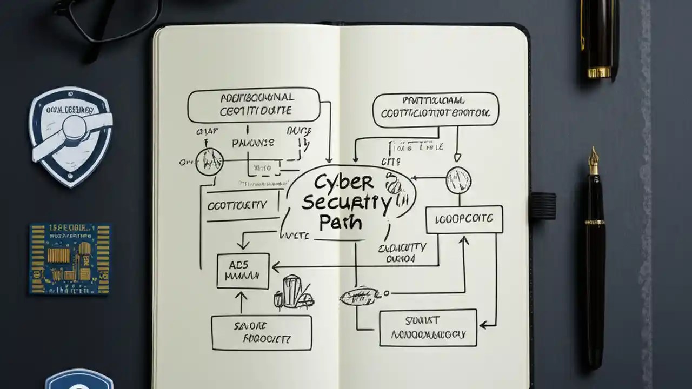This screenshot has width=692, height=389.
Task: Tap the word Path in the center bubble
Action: pyautogui.click(x=341, y=222)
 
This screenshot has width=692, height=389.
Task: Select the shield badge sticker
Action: pyautogui.click(x=70, y=137)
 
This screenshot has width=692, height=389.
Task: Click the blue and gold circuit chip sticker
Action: pyautogui.click(x=70, y=258)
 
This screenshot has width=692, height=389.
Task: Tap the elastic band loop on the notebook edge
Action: pyautogui.click(x=542, y=206)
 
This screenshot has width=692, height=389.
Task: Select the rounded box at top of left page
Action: pyautogui.click(x=254, y=105)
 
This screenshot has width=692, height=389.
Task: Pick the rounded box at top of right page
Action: pyautogui.click(x=436, y=110)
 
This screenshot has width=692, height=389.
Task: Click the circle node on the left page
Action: pyautogui.click(x=209, y=161)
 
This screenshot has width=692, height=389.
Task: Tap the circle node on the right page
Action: pyautogui.click(x=458, y=180)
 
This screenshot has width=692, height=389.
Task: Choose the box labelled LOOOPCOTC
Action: pyautogui.click(x=464, y=219)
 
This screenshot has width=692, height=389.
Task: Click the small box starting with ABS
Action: pyautogui.click(x=243, y=271)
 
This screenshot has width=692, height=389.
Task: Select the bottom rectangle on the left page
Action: pyautogui.click(x=261, y=332)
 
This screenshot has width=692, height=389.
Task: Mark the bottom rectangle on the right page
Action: pyautogui.click(x=428, y=327)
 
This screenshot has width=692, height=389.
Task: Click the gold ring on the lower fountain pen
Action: pyautogui.click(x=595, y=222)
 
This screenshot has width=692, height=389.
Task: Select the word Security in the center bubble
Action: pyautogui.click(x=345, y=203)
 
